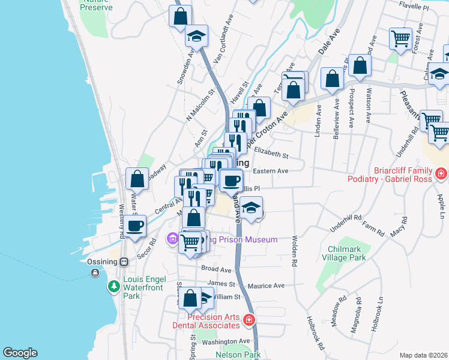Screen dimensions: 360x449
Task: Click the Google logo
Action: point(20,353)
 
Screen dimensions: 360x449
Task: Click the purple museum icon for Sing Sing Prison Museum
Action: point(173,239)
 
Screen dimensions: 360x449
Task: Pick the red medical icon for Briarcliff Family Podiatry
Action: point(441,174)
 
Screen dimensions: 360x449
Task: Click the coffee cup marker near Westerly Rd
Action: point(136,226)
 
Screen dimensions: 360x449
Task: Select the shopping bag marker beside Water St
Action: point(137,178)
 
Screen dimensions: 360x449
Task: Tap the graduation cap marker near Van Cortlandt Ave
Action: point(196,36)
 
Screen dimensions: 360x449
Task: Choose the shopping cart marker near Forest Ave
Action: point(400,39)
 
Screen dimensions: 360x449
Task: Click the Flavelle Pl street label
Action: point(414,9)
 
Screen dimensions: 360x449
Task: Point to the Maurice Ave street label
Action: point(266,286)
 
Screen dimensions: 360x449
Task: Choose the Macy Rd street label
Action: point(397,230)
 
